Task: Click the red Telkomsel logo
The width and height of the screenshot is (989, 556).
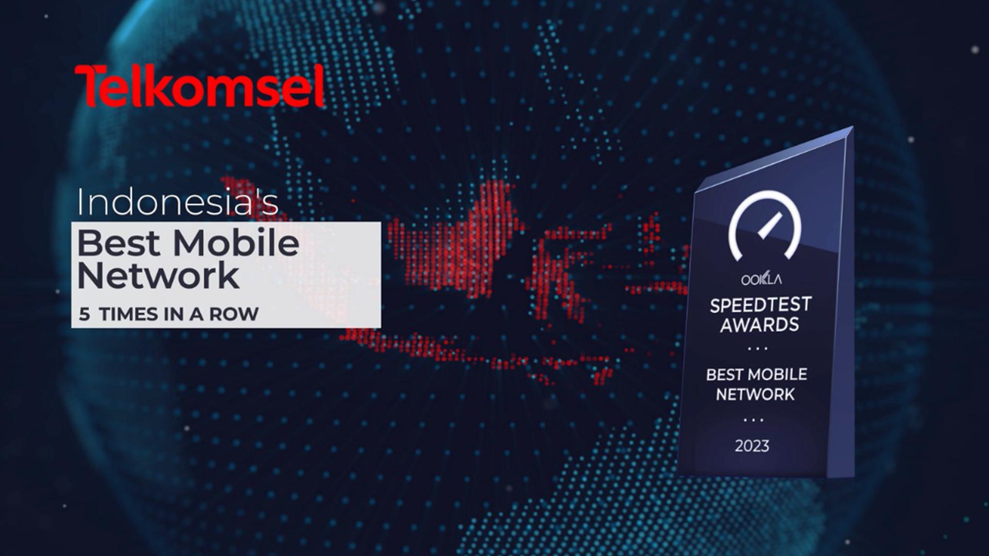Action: coord(200,86)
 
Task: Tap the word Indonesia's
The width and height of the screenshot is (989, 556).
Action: coord(178,202)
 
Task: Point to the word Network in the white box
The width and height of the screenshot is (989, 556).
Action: coord(158,276)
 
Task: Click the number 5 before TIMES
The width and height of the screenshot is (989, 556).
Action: coord(84,314)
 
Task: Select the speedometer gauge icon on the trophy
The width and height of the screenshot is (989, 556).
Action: coord(765,225)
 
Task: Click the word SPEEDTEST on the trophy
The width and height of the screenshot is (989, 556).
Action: coord(760,305)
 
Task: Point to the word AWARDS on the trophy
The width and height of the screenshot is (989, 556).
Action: coord(759,325)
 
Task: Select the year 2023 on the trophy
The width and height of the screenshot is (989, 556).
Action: coord(752,446)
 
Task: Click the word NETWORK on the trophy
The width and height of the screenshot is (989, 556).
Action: coord(755,395)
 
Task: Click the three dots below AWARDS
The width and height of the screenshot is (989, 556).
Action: coord(758,349)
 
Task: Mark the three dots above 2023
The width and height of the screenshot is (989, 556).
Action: coord(753,420)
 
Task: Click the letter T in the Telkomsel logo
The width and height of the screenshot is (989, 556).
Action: coord(88,86)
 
